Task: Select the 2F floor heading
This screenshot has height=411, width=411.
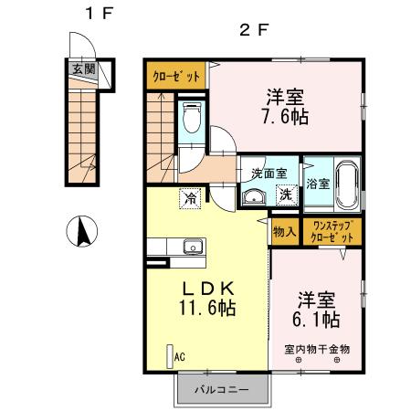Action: [253, 29]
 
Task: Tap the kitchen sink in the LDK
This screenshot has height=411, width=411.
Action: [192, 246]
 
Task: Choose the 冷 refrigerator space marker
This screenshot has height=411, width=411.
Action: [192, 195]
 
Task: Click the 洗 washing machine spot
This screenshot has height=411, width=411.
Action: [285, 194]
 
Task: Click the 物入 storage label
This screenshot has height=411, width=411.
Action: [283, 231]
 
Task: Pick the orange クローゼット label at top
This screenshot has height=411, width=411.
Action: [176, 77]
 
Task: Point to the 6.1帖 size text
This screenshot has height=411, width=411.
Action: [320, 320]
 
